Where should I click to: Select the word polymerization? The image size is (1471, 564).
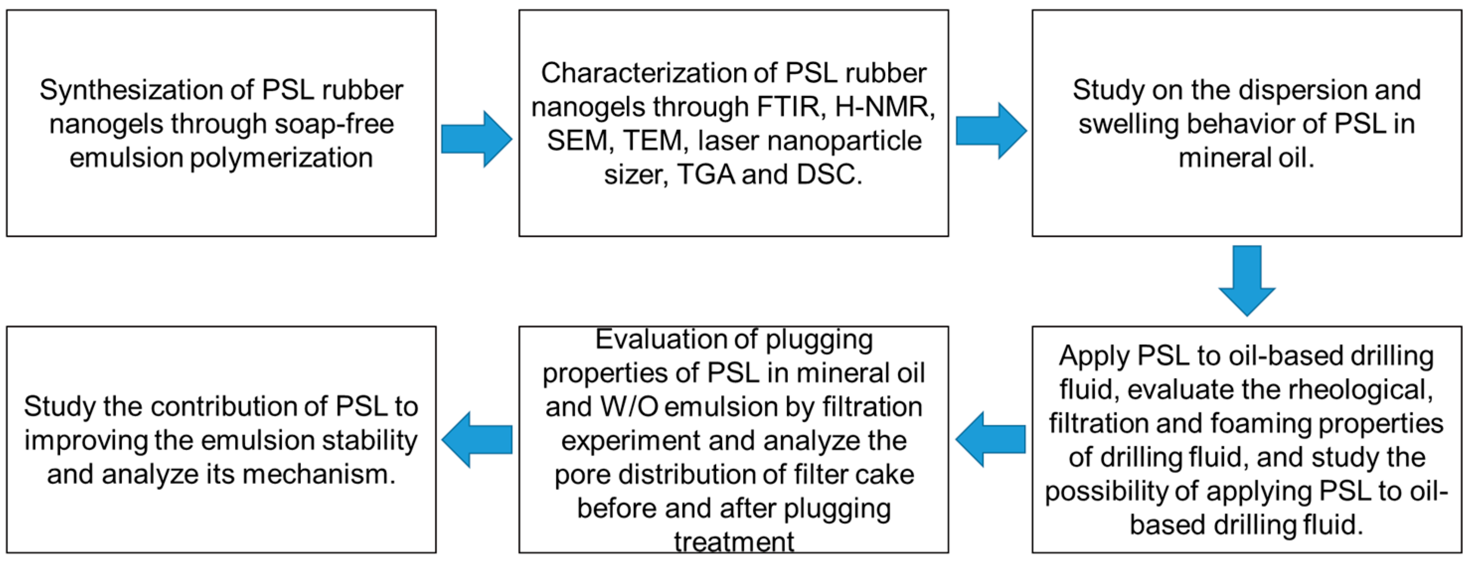click(x=281, y=158)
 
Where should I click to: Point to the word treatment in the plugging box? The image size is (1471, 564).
click(x=734, y=541)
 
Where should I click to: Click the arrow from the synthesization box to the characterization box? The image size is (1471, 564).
click(x=476, y=139)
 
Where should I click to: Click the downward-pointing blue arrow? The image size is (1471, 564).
click(x=1246, y=280)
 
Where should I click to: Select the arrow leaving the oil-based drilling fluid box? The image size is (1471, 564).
click(x=991, y=440)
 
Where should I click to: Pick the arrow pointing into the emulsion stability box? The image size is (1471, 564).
click(x=477, y=440)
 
